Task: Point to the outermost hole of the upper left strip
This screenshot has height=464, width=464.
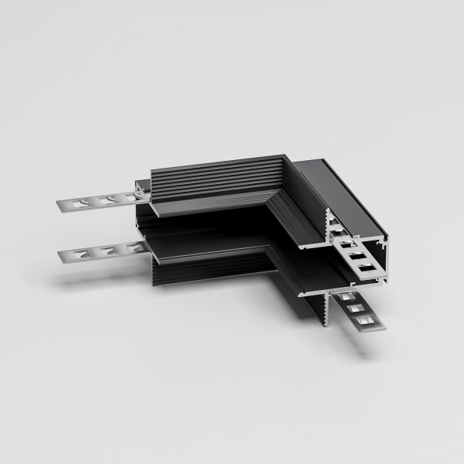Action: pos(75,204)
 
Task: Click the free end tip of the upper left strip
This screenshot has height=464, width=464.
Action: pos(60,205)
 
